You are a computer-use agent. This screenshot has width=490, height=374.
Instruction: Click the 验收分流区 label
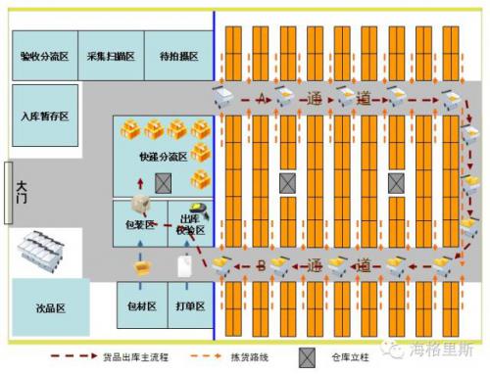click(x=45, y=57)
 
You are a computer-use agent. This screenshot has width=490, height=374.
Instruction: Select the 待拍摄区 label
click(x=178, y=57)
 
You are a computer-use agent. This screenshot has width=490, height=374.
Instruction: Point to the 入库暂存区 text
click(x=45, y=117)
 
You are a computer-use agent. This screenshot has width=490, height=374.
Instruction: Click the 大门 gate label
click(x=20, y=193)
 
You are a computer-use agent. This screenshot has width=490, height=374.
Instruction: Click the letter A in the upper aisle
click(x=261, y=99)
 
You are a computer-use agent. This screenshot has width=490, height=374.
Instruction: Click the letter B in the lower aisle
click(x=261, y=265)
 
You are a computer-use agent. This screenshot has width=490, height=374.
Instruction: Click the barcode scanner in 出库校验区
click(x=198, y=210)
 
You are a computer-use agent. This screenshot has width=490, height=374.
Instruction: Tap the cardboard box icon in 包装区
click(x=143, y=205)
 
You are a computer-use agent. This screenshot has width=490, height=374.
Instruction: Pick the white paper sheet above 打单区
click(x=183, y=265)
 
